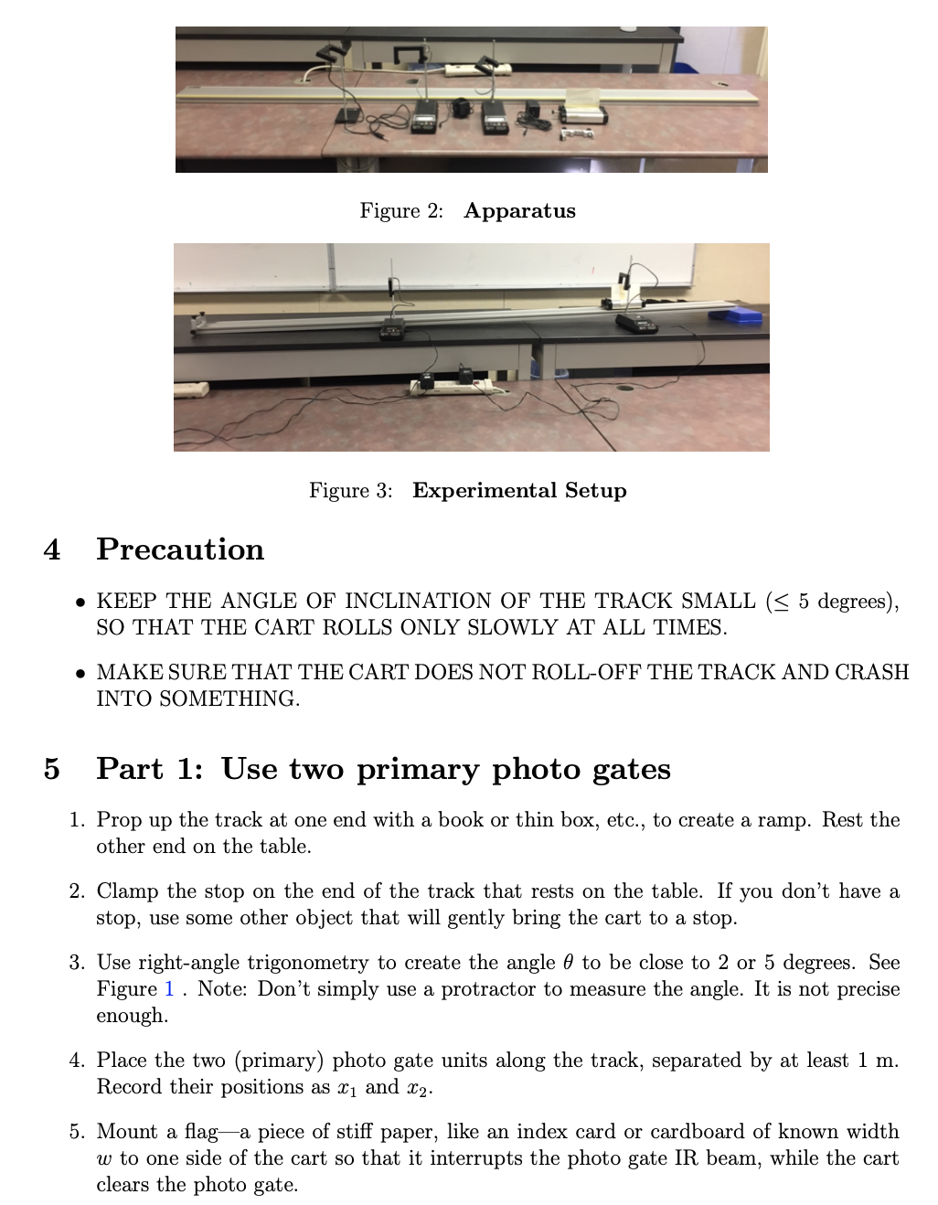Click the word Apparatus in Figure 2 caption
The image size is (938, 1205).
519,211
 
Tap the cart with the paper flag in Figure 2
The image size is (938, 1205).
582,111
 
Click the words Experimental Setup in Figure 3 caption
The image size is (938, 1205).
519,491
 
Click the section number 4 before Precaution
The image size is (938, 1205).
52,549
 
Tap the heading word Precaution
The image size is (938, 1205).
180,549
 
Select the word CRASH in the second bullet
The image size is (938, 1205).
871,672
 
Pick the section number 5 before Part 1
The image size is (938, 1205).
52,769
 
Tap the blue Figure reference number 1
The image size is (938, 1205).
168,989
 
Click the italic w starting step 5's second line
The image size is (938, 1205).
103,1159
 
